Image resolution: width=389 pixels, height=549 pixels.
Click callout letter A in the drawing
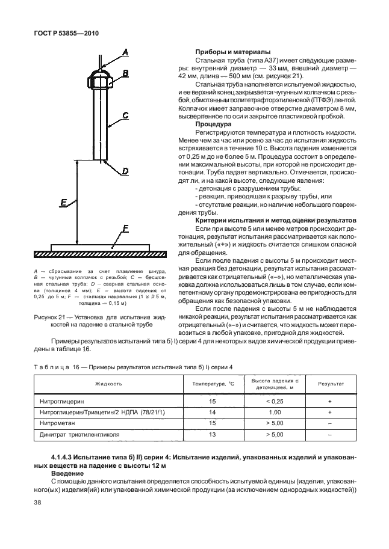pos(126,54)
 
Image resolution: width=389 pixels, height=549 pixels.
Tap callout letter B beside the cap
pos(126,73)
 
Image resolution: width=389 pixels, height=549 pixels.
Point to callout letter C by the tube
pos(125,114)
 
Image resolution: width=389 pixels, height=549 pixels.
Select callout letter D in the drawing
pos(125,171)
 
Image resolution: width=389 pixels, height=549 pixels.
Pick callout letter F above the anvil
pos(125,228)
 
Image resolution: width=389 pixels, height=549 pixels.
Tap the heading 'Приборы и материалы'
pos(229,52)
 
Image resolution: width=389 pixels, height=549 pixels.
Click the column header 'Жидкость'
pos(108,383)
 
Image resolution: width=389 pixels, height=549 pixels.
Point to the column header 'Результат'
pos(331,383)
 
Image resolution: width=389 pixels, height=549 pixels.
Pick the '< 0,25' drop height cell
pos(275,400)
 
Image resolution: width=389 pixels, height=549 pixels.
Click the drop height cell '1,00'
pos(275,412)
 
